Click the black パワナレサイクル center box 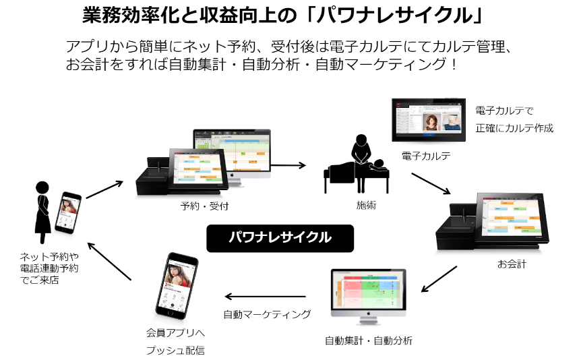(280, 237)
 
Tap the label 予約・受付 (205, 205)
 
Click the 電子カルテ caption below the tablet (425, 156)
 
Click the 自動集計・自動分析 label (369, 340)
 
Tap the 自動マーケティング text (267, 313)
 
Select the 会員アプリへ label (175, 332)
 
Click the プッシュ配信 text (175, 351)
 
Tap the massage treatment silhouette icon (356, 161)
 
